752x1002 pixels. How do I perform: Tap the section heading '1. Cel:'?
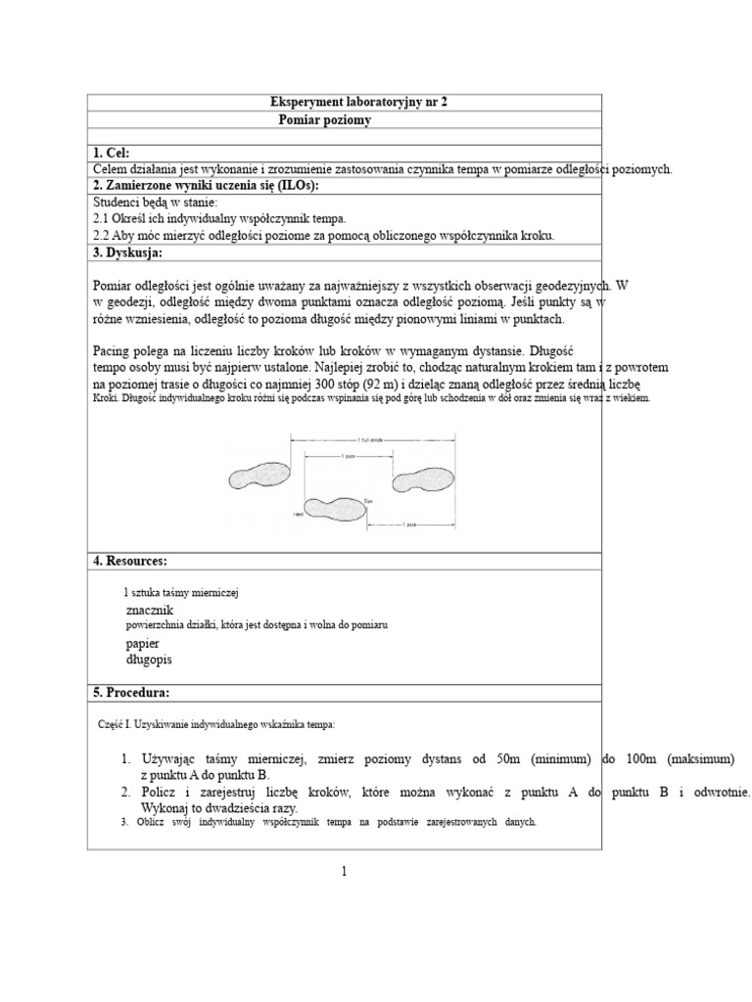click(x=111, y=153)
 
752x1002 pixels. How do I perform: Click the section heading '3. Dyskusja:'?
click(x=127, y=252)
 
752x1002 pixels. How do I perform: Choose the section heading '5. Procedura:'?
click(x=131, y=692)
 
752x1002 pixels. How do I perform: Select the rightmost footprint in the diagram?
click(x=423, y=479)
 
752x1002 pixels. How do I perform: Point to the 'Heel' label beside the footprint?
click(x=297, y=512)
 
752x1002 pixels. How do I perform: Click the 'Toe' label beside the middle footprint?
click(x=369, y=499)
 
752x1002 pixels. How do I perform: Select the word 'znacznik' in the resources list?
click(x=150, y=609)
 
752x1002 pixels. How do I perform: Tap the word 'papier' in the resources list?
click(x=142, y=643)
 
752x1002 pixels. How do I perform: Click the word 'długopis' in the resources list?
click(x=149, y=660)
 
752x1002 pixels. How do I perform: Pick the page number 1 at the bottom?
click(x=345, y=872)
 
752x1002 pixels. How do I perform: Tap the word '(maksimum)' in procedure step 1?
click(x=698, y=758)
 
